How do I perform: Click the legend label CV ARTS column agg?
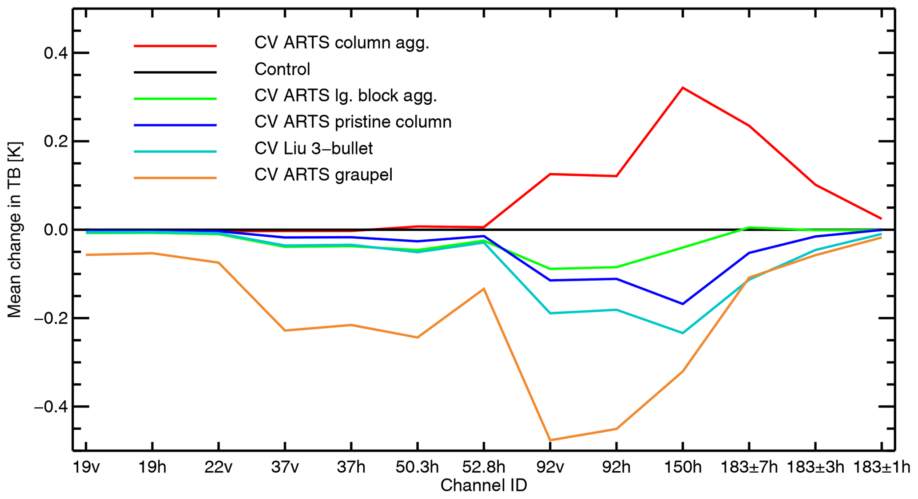pyautogui.click(x=342, y=43)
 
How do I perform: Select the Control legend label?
pyautogui.click(x=282, y=69)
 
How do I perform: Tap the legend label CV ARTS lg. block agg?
pyautogui.click(x=346, y=96)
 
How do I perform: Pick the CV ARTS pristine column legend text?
pyautogui.click(x=353, y=122)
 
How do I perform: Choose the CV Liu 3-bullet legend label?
pyautogui.click(x=314, y=149)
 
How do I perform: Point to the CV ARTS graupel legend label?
pyautogui.click(x=323, y=175)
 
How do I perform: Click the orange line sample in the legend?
pyautogui.click(x=175, y=178)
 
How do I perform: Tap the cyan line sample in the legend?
pyautogui.click(x=175, y=152)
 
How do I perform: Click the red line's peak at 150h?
pyautogui.click(x=683, y=88)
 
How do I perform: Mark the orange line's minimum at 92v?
pyautogui.click(x=550, y=440)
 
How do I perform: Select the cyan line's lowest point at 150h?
pyautogui.click(x=683, y=333)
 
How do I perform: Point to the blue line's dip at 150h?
pyautogui.click(x=683, y=304)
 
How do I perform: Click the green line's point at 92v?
pyautogui.click(x=550, y=269)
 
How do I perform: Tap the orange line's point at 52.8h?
pyautogui.click(x=484, y=289)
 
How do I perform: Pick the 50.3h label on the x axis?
pyautogui.click(x=417, y=467)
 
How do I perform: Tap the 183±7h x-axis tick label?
pyautogui.click(x=749, y=467)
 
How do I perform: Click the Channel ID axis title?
pyautogui.click(x=484, y=486)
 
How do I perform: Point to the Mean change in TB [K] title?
pyautogui.click(x=15, y=230)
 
